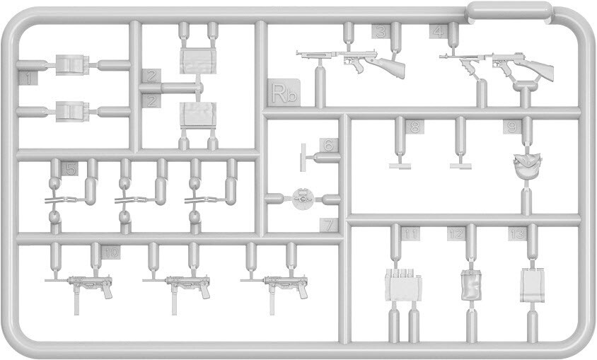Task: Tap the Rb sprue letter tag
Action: pyautogui.click(x=285, y=92)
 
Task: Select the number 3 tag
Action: pyautogui.click(x=381, y=31)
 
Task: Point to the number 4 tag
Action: pyautogui.click(x=439, y=30)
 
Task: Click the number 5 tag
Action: pyautogui.click(x=69, y=168)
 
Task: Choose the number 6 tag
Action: pyautogui.click(x=328, y=145)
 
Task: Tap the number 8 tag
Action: pyautogui.click(x=415, y=127)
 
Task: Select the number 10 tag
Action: pyautogui.click(x=111, y=252)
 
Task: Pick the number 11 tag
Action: pyautogui.click(x=411, y=234)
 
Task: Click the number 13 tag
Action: pyautogui.click(x=518, y=234)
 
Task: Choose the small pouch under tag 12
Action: pyautogui.click(x=470, y=284)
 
